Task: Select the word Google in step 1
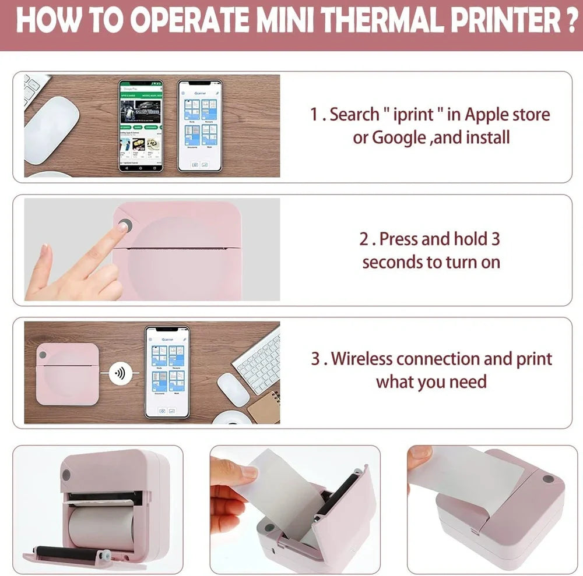point(399,137)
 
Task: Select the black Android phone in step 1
point(141,125)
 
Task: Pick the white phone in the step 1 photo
point(199,125)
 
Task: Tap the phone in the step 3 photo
point(167,372)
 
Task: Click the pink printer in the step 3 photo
point(67,374)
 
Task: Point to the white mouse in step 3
point(233,389)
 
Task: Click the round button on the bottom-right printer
point(547,479)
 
